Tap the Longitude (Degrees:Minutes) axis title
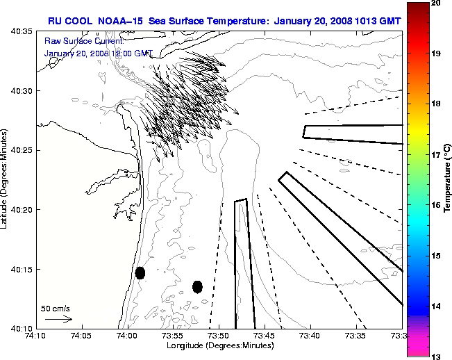(219, 346)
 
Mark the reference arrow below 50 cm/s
(58, 319)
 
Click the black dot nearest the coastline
(140, 272)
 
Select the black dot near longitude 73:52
(197, 286)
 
